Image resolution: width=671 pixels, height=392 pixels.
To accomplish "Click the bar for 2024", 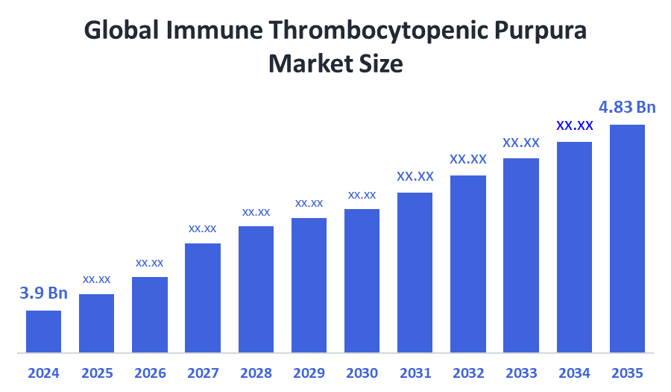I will point(43,331).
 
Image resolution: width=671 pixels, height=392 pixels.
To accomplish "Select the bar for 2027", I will point(203,297).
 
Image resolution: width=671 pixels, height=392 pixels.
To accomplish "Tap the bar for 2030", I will point(362,280).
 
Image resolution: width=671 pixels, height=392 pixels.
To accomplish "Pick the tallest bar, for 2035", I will point(627,238).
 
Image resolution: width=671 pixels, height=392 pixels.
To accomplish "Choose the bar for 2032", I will point(468,264).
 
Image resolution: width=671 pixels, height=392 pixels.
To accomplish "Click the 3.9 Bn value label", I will point(43,293).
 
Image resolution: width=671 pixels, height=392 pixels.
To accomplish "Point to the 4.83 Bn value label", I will point(628,108).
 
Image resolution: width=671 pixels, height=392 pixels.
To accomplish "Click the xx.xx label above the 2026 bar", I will point(149,263).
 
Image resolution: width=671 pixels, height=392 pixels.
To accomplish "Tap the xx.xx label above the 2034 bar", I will point(574,125).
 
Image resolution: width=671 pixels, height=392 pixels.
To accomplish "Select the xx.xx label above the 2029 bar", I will point(309,203).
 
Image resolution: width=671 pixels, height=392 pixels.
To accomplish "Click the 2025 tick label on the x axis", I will point(96,373).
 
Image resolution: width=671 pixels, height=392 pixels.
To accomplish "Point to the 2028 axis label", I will point(256,373).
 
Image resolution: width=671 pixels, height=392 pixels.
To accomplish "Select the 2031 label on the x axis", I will point(415,373).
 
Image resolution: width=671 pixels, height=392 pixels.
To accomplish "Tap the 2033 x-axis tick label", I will point(521,373).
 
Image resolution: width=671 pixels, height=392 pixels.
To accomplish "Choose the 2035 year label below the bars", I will point(627,373).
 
